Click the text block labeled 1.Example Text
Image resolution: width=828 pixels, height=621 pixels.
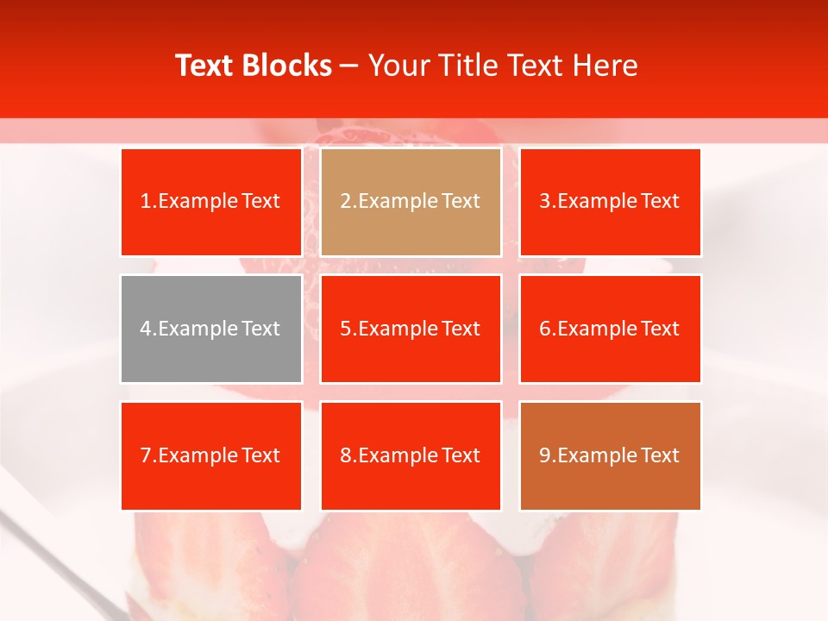(x=211, y=202)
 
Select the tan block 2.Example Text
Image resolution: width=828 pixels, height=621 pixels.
(x=411, y=202)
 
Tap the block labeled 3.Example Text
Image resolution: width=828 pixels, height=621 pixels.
(x=610, y=202)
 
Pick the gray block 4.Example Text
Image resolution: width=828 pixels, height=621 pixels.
(x=211, y=329)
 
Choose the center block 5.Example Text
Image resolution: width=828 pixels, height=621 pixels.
(x=411, y=329)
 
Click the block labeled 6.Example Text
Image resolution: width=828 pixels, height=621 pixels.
(x=610, y=329)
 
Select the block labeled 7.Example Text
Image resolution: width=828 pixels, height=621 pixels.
(x=211, y=455)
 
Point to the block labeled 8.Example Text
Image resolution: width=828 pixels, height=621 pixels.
(x=411, y=455)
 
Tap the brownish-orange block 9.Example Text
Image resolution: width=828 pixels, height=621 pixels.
(x=610, y=455)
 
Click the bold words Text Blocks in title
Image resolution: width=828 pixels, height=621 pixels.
(x=254, y=66)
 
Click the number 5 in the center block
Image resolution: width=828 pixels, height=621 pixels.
(x=345, y=329)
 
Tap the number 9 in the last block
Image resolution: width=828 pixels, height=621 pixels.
(x=545, y=455)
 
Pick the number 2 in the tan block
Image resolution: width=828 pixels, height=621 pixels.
(x=345, y=202)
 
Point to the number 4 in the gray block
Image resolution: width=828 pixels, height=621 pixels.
(x=146, y=329)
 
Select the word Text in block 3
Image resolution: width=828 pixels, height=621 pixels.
(x=661, y=202)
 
